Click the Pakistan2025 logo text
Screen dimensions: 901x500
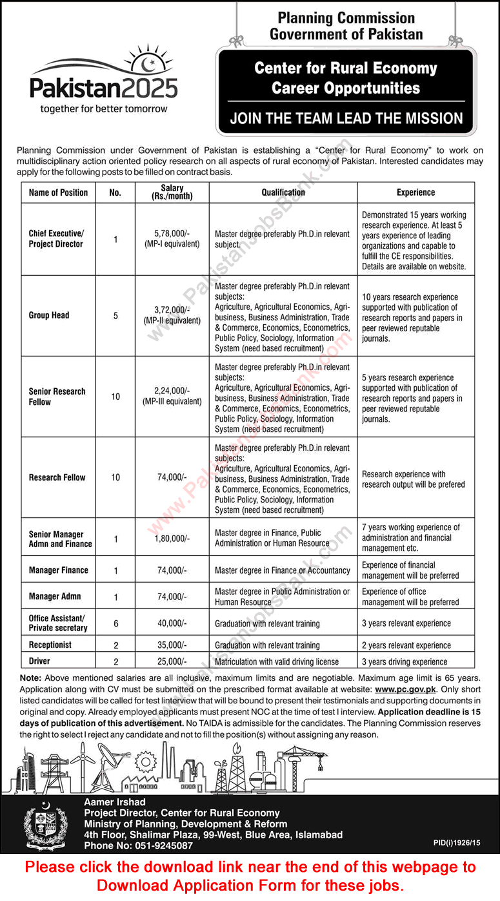104,87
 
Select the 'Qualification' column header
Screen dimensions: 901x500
283,192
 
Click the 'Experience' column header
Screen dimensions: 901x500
415,192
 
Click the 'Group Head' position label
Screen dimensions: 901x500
49,315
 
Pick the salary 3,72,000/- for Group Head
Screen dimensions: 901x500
172,310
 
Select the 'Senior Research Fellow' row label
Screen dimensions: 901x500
57,397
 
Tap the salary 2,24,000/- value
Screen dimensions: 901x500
172,391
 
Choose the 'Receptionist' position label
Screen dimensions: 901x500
50,645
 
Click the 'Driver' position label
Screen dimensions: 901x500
39,661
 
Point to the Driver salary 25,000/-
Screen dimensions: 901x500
172,661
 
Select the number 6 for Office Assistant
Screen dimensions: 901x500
115,623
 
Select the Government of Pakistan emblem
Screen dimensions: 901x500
45,824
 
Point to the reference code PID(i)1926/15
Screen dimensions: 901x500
457,843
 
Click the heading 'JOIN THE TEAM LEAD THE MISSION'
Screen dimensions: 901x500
346,118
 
